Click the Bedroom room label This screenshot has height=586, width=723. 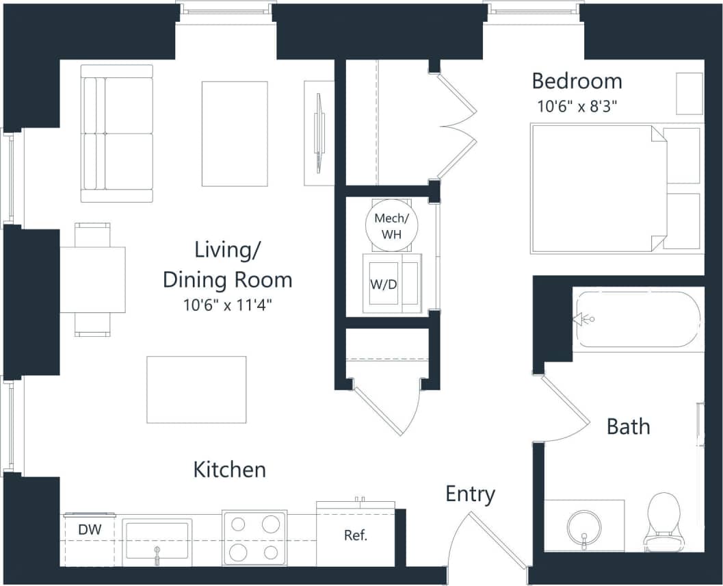pyautogui.click(x=577, y=81)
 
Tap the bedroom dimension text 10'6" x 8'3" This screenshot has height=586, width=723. pyautogui.click(x=580, y=106)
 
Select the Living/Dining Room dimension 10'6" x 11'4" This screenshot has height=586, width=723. pyautogui.click(x=227, y=306)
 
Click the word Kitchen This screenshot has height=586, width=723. pyautogui.click(x=229, y=470)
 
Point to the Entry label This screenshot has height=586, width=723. pyautogui.click(x=471, y=494)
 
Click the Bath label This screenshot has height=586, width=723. pyautogui.click(x=628, y=426)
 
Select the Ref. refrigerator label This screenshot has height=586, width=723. pyautogui.click(x=356, y=535)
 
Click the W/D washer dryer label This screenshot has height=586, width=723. pyautogui.click(x=384, y=284)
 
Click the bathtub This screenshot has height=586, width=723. pyautogui.click(x=636, y=320)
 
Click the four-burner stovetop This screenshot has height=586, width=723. pyautogui.click(x=254, y=537)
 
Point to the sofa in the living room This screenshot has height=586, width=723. pyautogui.click(x=117, y=133)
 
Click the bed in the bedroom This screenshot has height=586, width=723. pyautogui.click(x=599, y=188)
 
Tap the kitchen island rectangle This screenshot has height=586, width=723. pyautogui.click(x=196, y=390)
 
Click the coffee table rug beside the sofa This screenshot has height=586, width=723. pyautogui.click(x=235, y=133)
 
